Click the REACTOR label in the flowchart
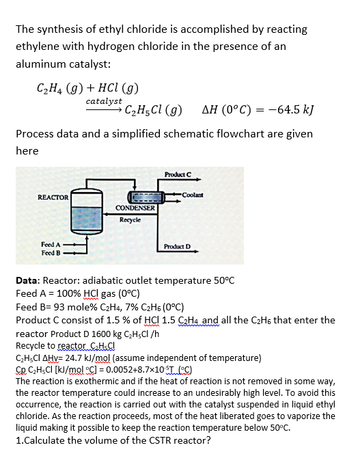point(53,197)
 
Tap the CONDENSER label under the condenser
point(134,207)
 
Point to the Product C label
point(178,174)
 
